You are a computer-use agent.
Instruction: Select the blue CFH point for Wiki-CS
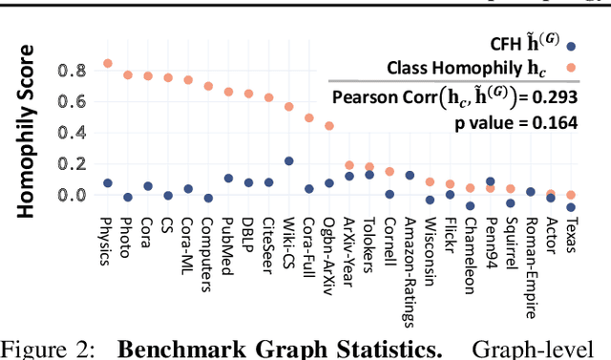pos(289,161)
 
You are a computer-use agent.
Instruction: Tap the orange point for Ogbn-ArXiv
pos(329,125)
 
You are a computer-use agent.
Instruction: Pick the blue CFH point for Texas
pos(571,207)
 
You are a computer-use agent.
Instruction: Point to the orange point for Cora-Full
pos(309,118)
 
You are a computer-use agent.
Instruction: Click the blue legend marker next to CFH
pos(570,45)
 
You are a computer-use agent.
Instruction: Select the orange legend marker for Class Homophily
pos(570,67)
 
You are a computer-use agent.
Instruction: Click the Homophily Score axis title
pos(29,131)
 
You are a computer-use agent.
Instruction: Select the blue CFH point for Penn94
pos(491,181)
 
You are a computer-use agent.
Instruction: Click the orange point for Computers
pos(208,86)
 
